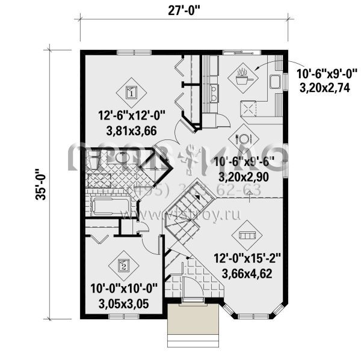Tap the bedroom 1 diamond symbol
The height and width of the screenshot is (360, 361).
pyautogui.click(x=131, y=92)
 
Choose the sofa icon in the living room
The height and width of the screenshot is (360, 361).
pyautogui.click(x=246, y=234)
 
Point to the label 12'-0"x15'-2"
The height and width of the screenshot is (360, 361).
pyautogui.click(x=247, y=260)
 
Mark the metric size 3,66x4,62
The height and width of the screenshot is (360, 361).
pyautogui.click(x=247, y=273)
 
